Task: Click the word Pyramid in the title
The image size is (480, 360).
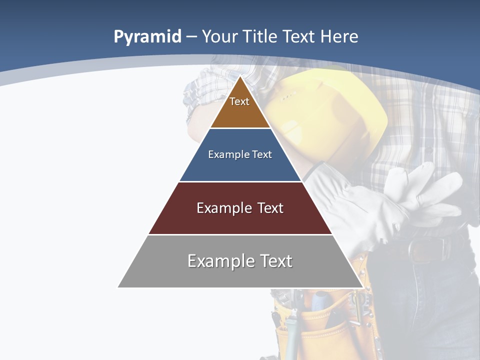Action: tap(147, 37)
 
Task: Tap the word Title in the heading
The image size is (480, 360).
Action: tap(259, 36)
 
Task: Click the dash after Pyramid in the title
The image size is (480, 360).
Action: tap(191, 37)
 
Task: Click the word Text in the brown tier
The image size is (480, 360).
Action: tap(239, 101)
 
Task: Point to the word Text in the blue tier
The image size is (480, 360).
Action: tap(262, 154)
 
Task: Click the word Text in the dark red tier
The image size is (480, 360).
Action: tap(271, 208)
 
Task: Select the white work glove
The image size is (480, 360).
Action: tap(395, 200)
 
